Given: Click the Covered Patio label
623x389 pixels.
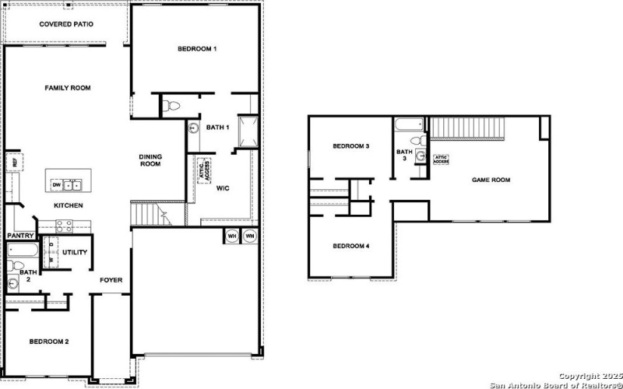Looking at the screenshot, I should pos(66,24).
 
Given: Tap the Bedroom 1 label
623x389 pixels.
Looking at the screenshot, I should pos(197,49).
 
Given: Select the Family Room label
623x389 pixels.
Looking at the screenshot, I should pos(68,88).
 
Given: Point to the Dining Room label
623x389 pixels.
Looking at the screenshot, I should pos(150,159).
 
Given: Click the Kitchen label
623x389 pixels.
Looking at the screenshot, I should pos(68,205).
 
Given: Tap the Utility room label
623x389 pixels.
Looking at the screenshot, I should pos(76,253).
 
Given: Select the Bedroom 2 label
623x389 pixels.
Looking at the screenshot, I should pos(50,342).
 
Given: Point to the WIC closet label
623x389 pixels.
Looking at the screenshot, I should pos(222,187).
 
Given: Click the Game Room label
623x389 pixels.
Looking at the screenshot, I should pos(491,180).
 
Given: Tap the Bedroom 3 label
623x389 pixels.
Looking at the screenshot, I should pos(350,146).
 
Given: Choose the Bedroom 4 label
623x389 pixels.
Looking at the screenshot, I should pos(350,247).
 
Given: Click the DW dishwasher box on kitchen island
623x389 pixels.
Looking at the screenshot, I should pos(56,185).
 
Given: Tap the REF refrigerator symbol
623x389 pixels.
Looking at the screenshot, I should pos(12,162).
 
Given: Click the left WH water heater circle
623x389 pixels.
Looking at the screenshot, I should pos(232,236).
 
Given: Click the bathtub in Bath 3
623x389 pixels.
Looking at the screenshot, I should pos(409,124).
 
